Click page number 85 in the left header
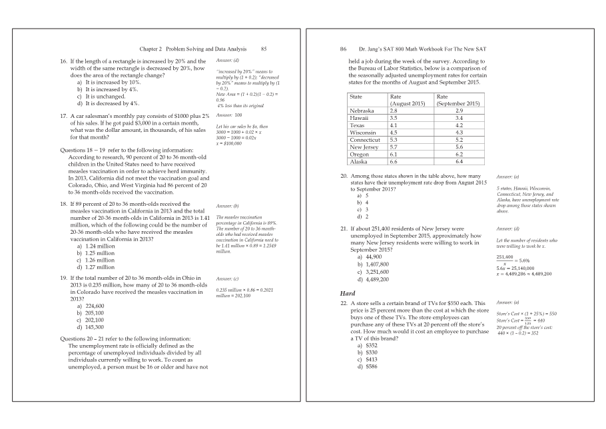click(264, 49)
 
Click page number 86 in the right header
click(343, 49)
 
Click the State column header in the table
click(356, 97)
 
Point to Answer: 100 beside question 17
click(228, 115)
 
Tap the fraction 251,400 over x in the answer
click(505, 259)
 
